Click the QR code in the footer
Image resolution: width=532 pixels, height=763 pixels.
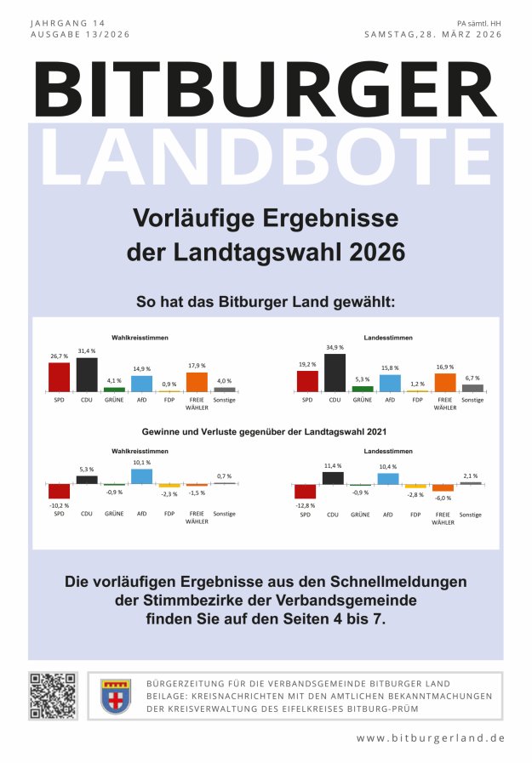pyautogui.click(x=54, y=697)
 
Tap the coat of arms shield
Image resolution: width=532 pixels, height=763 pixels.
pyautogui.click(x=115, y=697)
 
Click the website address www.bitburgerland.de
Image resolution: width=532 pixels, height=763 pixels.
pyautogui.click(x=430, y=737)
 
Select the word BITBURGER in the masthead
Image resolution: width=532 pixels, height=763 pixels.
pyautogui.click(x=266, y=91)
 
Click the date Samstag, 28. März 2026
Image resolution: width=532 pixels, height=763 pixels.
pyautogui.click(x=432, y=35)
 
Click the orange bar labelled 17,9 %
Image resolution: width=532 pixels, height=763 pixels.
pyautogui.click(x=197, y=382)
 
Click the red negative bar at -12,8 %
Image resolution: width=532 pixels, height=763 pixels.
pyautogui.click(x=305, y=492)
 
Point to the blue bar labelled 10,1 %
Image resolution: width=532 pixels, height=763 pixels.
pyautogui.click(x=141, y=476)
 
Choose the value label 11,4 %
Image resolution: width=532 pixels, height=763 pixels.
pyautogui.click(x=332, y=465)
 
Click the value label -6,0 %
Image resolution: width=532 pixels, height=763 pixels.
pyautogui.click(x=443, y=497)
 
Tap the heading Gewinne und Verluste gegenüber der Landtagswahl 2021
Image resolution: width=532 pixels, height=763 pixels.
pyautogui.click(x=266, y=432)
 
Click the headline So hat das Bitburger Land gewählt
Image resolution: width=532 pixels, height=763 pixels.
pyautogui.click(x=266, y=302)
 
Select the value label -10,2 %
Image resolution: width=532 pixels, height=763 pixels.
pyautogui.click(x=59, y=504)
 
